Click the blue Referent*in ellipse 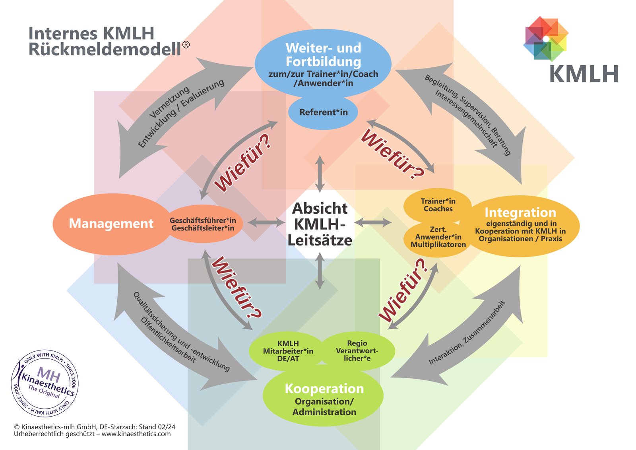323,112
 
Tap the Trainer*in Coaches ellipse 438,205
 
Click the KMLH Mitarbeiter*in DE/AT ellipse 288,351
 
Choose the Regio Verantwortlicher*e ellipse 357,351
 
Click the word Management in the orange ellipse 111,224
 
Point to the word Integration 520,212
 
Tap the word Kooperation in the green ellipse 324,389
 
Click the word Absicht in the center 320,208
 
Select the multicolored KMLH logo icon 546,39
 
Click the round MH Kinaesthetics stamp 45,384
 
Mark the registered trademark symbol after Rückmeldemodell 186,45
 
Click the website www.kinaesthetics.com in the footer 136,434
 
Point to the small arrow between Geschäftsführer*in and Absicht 266,222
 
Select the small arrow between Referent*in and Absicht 320,174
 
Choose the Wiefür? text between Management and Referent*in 243,163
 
